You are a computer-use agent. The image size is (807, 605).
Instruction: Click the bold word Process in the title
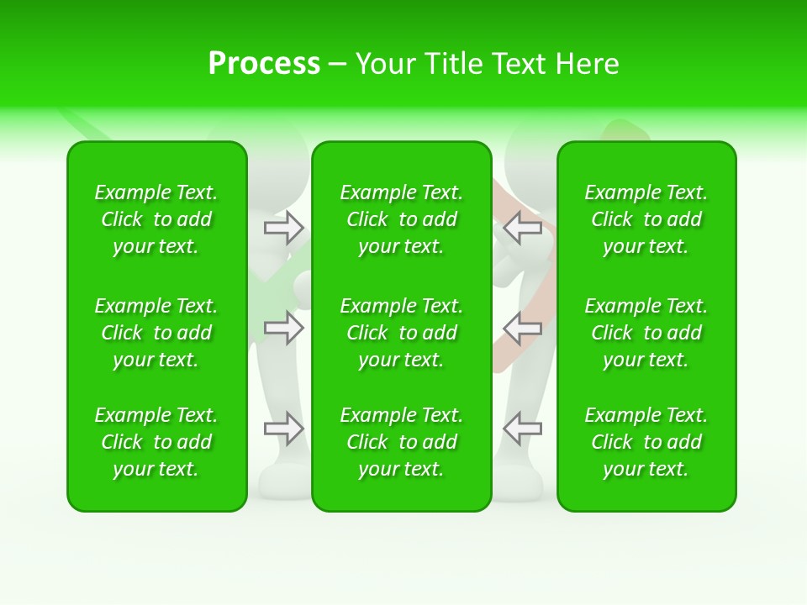(264, 64)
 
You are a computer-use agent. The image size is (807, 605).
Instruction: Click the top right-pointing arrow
(284, 227)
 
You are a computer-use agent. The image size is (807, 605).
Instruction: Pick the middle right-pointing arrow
(284, 328)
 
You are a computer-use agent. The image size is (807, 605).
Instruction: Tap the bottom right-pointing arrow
(284, 429)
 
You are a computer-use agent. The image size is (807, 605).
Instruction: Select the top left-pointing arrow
(522, 227)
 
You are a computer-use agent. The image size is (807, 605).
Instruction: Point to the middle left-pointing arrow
(522, 328)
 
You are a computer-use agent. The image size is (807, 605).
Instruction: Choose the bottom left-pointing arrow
(522, 429)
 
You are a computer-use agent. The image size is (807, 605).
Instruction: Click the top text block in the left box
(156, 219)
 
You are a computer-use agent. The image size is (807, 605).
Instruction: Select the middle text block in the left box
(156, 333)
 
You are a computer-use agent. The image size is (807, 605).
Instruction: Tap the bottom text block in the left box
(156, 442)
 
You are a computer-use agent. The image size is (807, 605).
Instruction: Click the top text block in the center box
(402, 219)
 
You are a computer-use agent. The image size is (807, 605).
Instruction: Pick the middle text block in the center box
(402, 333)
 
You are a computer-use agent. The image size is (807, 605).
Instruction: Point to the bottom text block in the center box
(402, 442)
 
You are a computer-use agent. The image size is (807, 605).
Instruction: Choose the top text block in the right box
(646, 219)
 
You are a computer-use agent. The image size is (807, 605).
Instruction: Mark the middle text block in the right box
(646, 333)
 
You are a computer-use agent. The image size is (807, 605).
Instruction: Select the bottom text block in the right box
(646, 442)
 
